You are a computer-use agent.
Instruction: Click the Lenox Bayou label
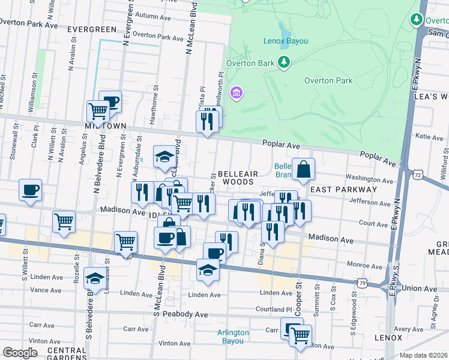tap(285, 41)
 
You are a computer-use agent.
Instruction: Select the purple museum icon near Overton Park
tap(237, 92)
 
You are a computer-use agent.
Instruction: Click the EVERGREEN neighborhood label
tap(92, 29)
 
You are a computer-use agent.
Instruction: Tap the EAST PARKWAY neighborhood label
tap(344, 189)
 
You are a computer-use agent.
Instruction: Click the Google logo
tap(20, 352)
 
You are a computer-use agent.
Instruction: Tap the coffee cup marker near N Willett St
tap(30, 191)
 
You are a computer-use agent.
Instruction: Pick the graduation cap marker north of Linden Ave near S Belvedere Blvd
tap(95, 278)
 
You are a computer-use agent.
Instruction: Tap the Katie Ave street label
tap(429, 137)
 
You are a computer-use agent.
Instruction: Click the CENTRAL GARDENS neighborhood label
tap(67, 353)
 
